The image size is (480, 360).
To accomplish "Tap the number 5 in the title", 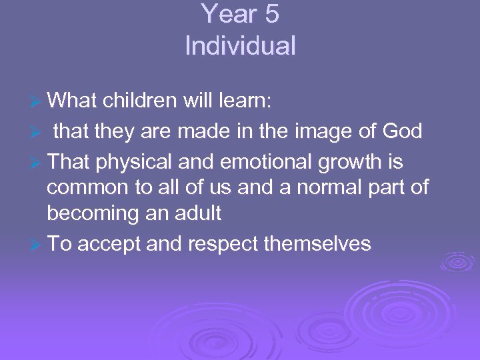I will [271, 15].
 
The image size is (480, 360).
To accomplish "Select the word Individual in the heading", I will [240, 47].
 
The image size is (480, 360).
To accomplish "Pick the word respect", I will [224, 244].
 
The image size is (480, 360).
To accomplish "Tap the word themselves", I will [317, 243].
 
